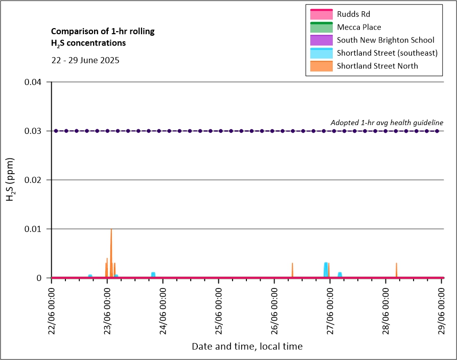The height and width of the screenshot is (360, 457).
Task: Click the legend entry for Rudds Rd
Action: [x=353, y=14]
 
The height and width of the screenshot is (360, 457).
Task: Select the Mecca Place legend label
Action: [x=359, y=27]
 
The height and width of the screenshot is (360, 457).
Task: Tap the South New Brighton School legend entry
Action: [x=385, y=40]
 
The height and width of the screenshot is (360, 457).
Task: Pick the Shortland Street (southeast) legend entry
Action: [x=387, y=53]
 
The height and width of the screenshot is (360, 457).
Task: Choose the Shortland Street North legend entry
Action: [x=377, y=65]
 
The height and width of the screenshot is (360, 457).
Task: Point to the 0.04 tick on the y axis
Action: [x=37, y=82]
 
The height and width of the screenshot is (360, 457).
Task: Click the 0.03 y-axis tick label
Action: [x=37, y=131]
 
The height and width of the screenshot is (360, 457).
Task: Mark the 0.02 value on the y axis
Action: [x=37, y=180]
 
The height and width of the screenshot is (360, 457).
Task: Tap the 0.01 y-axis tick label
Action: [x=37, y=229]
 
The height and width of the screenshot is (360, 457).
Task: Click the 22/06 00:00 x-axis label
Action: [x=52, y=309]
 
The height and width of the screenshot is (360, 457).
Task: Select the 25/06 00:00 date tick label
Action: [x=219, y=309]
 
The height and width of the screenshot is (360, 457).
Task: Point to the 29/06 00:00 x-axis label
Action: [x=442, y=309]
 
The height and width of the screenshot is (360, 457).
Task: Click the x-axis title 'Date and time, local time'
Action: [x=247, y=346]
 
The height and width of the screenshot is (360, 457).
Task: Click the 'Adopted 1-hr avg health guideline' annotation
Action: [x=386, y=123]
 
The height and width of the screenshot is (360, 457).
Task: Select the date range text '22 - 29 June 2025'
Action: [x=85, y=60]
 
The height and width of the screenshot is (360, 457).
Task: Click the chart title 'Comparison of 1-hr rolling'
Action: [x=103, y=32]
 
